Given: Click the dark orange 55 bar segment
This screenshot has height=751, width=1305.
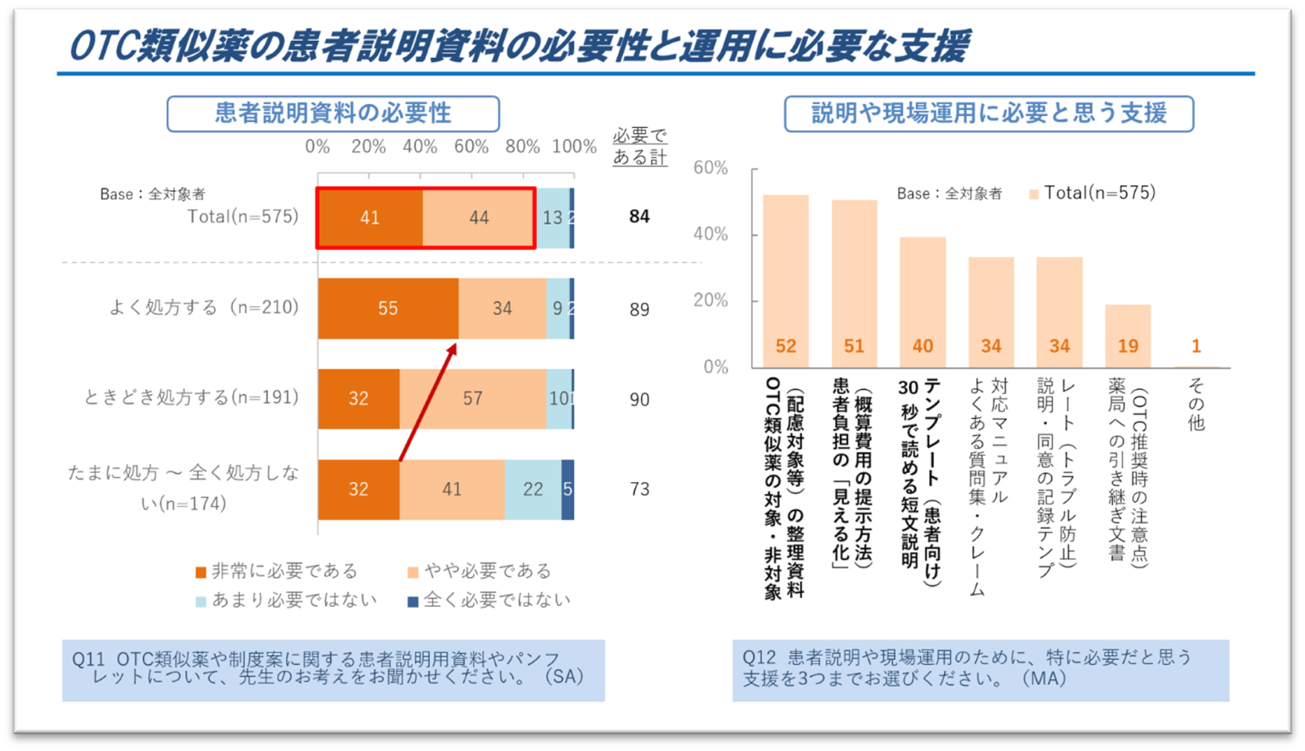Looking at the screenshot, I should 387,308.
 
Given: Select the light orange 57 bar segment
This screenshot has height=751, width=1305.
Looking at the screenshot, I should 472,399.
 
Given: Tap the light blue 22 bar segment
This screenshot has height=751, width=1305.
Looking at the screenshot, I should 533,489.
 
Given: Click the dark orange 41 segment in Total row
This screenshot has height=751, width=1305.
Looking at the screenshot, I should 370,218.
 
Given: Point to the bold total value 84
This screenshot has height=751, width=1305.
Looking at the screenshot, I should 639,217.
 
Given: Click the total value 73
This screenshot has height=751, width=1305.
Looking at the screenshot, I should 639,489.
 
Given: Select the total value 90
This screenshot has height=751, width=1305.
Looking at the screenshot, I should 639,399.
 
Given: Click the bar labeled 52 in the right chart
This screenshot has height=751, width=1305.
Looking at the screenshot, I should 785,282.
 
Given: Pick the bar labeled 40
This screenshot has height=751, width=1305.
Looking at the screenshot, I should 923,302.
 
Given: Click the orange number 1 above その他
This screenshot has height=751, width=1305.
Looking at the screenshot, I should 1196,346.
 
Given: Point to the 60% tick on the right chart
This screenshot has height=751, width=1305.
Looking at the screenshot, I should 710,168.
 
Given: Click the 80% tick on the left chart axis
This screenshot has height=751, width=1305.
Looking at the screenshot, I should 522,147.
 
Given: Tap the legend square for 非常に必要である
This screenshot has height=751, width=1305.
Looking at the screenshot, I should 201,573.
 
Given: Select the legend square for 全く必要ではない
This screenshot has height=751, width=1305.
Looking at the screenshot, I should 413,602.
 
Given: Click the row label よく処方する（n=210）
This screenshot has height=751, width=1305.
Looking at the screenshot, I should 204,307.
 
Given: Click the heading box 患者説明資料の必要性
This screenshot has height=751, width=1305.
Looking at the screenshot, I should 333,114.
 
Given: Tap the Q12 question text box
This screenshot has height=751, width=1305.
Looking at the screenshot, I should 980,670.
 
